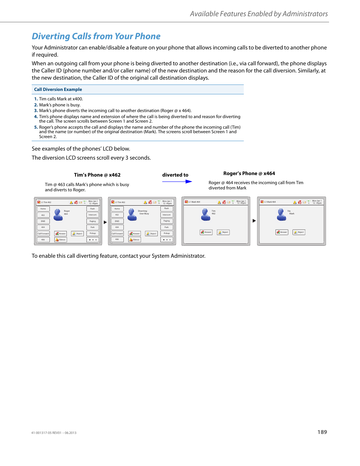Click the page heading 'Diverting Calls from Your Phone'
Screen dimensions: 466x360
[x=96, y=36]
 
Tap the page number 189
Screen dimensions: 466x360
[x=322, y=432]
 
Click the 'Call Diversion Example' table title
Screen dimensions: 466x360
[x=58, y=89]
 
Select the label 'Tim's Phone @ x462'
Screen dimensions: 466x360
[x=97, y=175]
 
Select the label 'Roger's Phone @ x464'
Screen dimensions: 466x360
[x=249, y=173]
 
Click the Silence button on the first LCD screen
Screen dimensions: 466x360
[x=60, y=240]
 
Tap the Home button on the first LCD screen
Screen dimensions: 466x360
[x=43, y=209]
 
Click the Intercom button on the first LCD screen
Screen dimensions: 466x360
[x=92, y=215]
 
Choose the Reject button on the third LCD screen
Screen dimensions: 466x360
[x=223, y=232]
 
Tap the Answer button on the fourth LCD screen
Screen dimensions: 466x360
[x=282, y=232]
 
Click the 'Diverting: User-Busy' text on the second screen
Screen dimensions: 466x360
[x=144, y=212]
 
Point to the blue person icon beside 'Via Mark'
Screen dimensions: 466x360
[x=282, y=215]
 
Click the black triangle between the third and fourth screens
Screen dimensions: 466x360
[x=254, y=221]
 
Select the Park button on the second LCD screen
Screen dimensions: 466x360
[x=166, y=227]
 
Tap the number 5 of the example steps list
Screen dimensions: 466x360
[x=36, y=127]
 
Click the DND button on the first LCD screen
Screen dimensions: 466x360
[x=43, y=221]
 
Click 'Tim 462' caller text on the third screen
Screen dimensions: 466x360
[x=214, y=212]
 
